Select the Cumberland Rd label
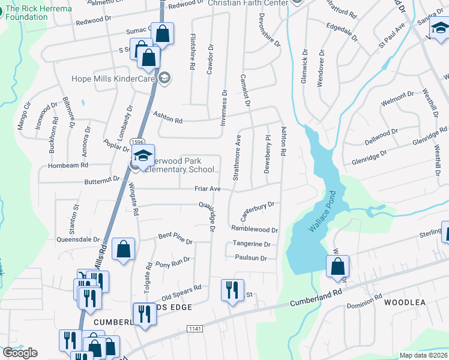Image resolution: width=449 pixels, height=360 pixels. pyautogui.click(x=315, y=298)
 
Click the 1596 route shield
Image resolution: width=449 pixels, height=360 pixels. pyautogui.click(x=137, y=140)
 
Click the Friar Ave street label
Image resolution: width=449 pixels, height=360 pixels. pyautogui.click(x=208, y=189)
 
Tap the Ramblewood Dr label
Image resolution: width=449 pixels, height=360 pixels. pyautogui.click(x=255, y=229)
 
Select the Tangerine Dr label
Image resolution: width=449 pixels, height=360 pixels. pyautogui.click(x=252, y=244)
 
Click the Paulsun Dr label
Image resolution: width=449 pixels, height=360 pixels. pyautogui.click(x=251, y=258)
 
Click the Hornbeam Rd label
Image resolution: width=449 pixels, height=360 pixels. pyautogui.click(x=68, y=165)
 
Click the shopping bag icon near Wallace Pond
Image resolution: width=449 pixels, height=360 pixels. pyautogui.click(x=338, y=266)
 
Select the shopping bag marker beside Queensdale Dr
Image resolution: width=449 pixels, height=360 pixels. pyautogui.click(x=123, y=249)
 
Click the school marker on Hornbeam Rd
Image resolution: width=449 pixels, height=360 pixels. pyautogui.click(x=143, y=155)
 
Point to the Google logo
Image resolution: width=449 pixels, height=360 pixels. pyautogui.click(x=20, y=353)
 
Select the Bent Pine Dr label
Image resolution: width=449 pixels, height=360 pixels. pyautogui.click(x=175, y=239)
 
